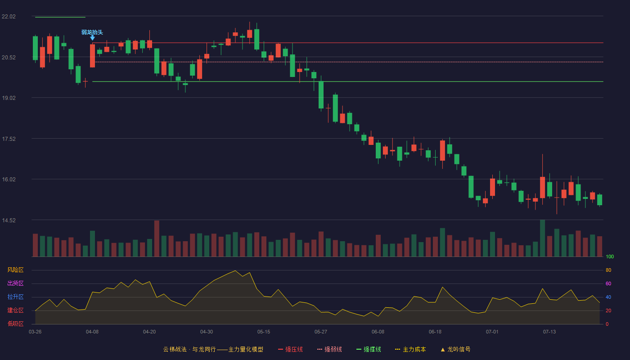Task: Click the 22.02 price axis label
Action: [9, 17]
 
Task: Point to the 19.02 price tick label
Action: [9, 98]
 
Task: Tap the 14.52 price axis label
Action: [9, 220]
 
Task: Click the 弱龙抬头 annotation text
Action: [92, 32]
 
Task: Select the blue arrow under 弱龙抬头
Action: [92, 38]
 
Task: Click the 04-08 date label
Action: [92, 332]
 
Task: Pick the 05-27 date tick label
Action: [321, 332]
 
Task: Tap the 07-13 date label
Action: [549, 332]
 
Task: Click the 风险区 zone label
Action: [15, 270]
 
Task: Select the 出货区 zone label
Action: [15, 283]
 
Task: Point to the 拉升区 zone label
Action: [15, 297]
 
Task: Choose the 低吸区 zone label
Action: [15, 324]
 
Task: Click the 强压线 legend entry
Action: [290, 350]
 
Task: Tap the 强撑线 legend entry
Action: [369, 350]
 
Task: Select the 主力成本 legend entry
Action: [410, 350]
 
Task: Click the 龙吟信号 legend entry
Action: [455, 350]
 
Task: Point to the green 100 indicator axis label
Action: [610, 257]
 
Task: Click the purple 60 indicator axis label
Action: [608, 284]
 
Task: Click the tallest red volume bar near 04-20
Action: [157, 238]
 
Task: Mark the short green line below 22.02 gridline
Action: [60, 18]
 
